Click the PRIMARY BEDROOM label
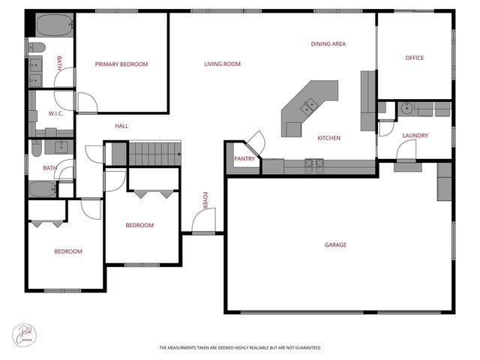(x=121, y=64)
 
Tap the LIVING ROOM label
(x=222, y=64)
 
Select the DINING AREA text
(x=328, y=44)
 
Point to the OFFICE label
(x=415, y=58)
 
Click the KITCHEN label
(x=329, y=138)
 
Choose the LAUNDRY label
(x=415, y=136)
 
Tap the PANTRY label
(x=244, y=159)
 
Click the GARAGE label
(x=335, y=244)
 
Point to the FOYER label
(x=204, y=200)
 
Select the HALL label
(x=121, y=126)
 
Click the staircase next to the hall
(x=155, y=154)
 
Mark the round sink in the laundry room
(x=406, y=108)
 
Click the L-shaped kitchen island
(x=307, y=109)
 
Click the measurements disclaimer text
(x=239, y=348)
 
